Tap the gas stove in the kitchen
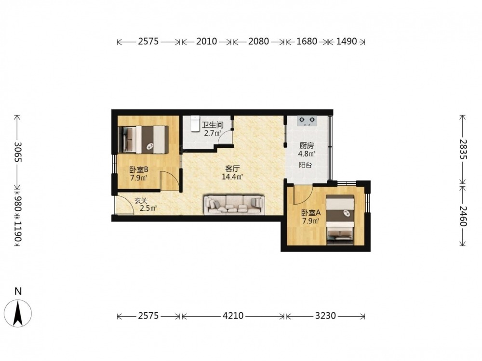coord(307,121)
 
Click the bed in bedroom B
coord(143,140)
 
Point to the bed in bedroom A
coord(340,220)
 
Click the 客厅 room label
coord(232,168)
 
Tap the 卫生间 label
coord(213,125)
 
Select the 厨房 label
coord(307,146)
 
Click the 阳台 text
coord(305,165)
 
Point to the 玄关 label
coord(141,201)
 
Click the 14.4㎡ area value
coord(233,177)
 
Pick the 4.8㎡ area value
coord(307,154)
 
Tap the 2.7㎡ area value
coord(213,133)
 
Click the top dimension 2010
coord(207,41)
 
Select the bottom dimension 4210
coord(233,316)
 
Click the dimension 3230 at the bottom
coord(325,316)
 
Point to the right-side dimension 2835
coord(463,149)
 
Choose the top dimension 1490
coord(347,41)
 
